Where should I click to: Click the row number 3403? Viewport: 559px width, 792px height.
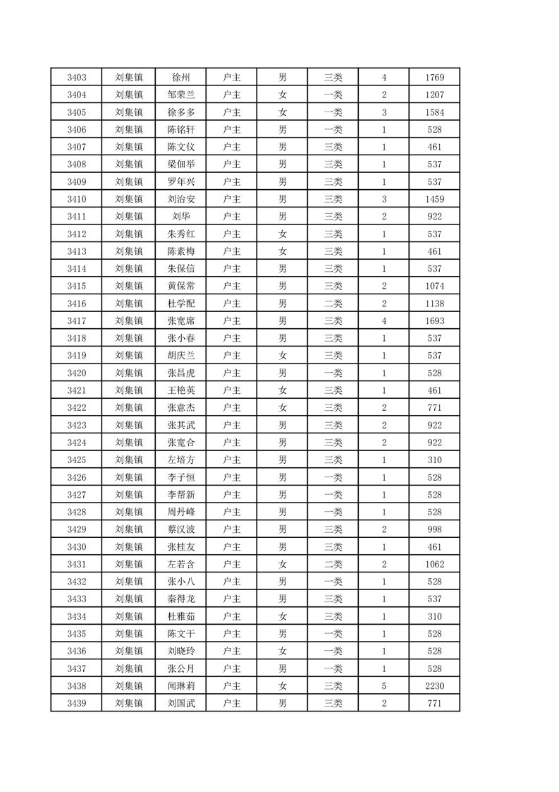tap(76, 77)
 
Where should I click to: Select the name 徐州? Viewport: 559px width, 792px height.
tap(181, 77)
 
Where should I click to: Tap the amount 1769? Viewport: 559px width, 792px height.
tap(434, 77)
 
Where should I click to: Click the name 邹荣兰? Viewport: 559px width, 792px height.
tap(181, 95)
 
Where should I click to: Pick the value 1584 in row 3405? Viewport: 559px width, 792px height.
tap(434, 112)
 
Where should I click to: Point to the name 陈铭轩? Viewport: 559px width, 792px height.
tap(181, 129)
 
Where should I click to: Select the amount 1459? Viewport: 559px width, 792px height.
tap(434, 199)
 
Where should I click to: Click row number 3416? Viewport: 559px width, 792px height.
tap(76, 304)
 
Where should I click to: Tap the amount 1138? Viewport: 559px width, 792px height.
tap(434, 304)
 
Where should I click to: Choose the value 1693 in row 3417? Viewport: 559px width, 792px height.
tap(434, 321)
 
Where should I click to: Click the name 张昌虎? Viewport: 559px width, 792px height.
tap(181, 373)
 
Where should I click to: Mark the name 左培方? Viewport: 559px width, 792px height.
tap(181, 460)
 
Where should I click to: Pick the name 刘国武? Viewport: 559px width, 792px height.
tap(181, 704)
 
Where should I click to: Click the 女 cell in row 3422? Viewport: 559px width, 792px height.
tap(282, 408)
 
